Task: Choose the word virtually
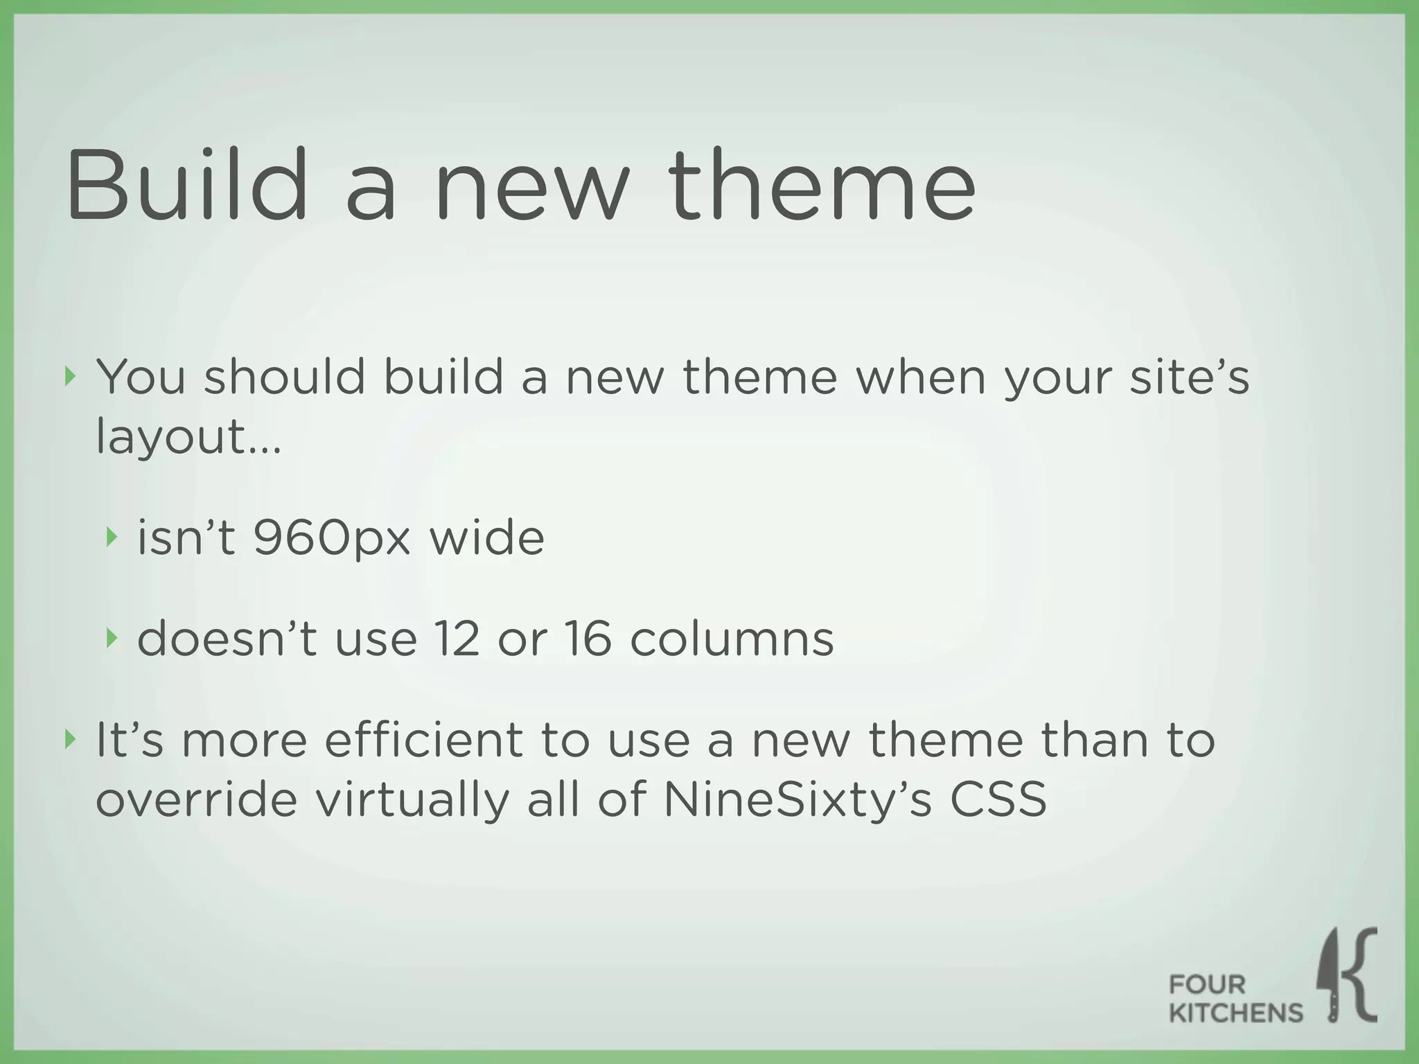(412, 800)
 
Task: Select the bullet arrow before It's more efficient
(69, 739)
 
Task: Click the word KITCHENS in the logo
(1235, 1013)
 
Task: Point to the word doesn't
(227, 638)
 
